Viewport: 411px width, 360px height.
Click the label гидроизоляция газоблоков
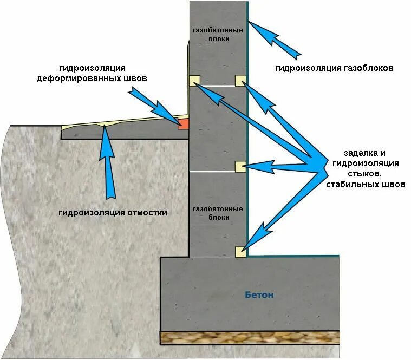click(333, 69)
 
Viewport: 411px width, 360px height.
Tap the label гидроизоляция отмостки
click(113, 212)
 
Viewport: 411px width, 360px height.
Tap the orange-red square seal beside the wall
click(184, 124)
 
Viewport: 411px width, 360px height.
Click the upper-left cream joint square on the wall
click(195, 80)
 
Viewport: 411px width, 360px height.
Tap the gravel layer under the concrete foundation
click(249, 337)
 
